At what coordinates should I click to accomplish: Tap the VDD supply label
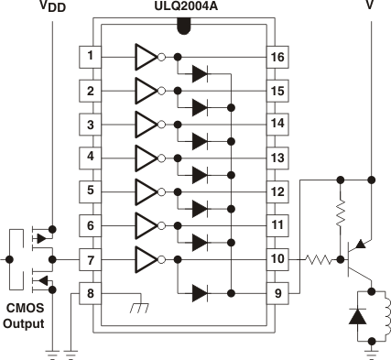pyautogui.click(x=52, y=8)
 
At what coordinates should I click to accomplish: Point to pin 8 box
pyautogui.click(x=90, y=293)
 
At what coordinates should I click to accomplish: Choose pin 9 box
pyautogui.click(x=277, y=293)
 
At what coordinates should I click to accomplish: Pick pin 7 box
pyautogui.click(x=90, y=260)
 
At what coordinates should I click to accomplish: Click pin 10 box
pyautogui.click(x=277, y=260)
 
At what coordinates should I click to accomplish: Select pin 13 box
pyautogui.click(x=277, y=158)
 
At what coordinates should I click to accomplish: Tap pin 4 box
pyautogui.click(x=90, y=158)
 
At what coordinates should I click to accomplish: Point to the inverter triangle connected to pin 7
pyautogui.click(x=145, y=260)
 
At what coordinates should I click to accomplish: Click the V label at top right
pyautogui.click(x=370, y=8)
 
